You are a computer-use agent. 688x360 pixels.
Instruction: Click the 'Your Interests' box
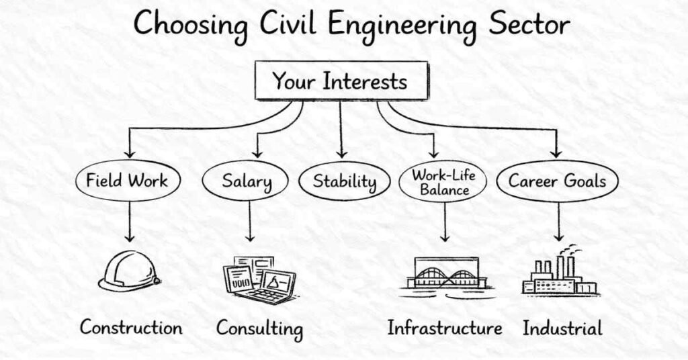coord(339,81)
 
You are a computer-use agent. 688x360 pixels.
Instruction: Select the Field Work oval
coord(126,181)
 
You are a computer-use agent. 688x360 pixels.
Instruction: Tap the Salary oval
coord(246,181)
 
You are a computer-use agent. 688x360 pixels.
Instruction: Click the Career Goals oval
coord(557,181)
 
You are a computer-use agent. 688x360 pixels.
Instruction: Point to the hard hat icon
coord(128,271)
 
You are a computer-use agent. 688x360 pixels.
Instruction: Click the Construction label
coord(131,328)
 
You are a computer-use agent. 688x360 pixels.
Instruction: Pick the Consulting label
coord(259,329)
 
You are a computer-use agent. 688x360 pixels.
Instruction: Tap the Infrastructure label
coord(444,328)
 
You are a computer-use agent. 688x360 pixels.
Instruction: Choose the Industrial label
coord(562,328)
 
